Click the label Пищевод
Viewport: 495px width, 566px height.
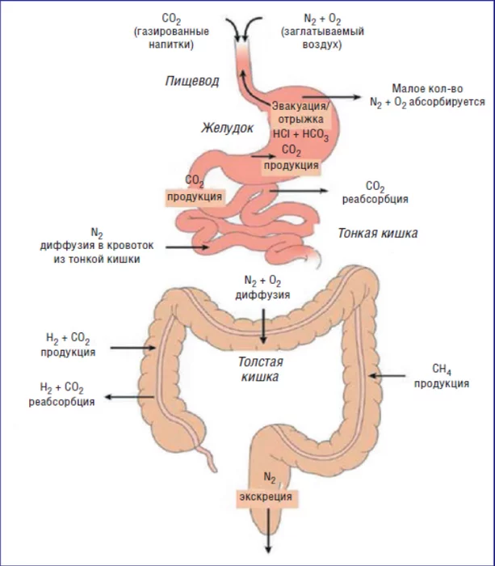(191, 81)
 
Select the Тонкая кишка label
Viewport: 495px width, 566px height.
(377, 234)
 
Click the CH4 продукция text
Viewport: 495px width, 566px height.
(440, 376)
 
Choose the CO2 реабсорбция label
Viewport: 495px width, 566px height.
(375, 192)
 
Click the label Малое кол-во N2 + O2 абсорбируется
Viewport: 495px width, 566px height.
(426, 95)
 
